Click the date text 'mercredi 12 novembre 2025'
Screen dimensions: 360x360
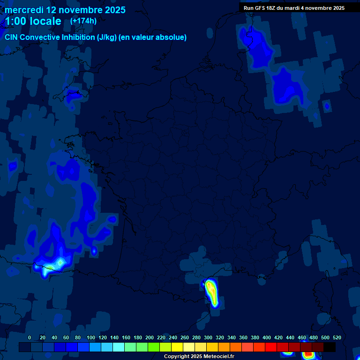[x=65, y=10]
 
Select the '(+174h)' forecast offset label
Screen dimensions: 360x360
[x=83, y=21]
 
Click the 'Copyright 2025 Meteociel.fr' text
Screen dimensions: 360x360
[x=199, y=357]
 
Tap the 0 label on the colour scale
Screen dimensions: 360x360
[x=30, y=337]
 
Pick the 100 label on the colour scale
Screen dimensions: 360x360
[x=91, y=337]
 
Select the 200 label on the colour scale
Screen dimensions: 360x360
[x=150, y=337]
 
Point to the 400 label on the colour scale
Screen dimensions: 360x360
[x=267, y=337]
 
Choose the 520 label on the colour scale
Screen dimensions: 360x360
[x=337, y=337]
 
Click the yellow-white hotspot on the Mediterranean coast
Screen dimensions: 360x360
[x=211, y=291]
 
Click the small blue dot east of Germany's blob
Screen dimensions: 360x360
[x=327, y=106]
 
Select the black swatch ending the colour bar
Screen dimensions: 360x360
[x=330, y=347]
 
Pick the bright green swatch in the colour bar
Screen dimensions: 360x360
[x=154, y=347]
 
